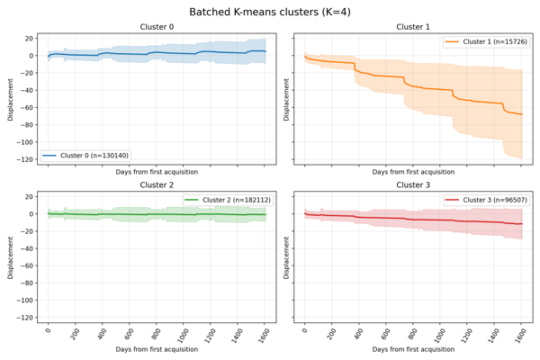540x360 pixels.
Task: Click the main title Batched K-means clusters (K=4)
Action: click(270, 12)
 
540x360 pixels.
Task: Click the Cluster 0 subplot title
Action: click(157, 27)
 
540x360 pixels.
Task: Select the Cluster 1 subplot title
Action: click(413, 27)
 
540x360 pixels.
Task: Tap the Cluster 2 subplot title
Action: click(157, 185)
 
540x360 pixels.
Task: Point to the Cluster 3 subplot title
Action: click(413, 185)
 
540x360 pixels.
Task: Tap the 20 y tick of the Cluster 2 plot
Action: click(29, 196)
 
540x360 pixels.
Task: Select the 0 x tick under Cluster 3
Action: click(305, 329)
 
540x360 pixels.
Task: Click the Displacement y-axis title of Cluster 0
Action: click(11, 99)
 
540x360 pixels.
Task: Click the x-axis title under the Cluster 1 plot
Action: click(413, 171)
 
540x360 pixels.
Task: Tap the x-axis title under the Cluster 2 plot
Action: click(157, 349)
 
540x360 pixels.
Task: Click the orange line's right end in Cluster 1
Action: click(522, 114)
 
